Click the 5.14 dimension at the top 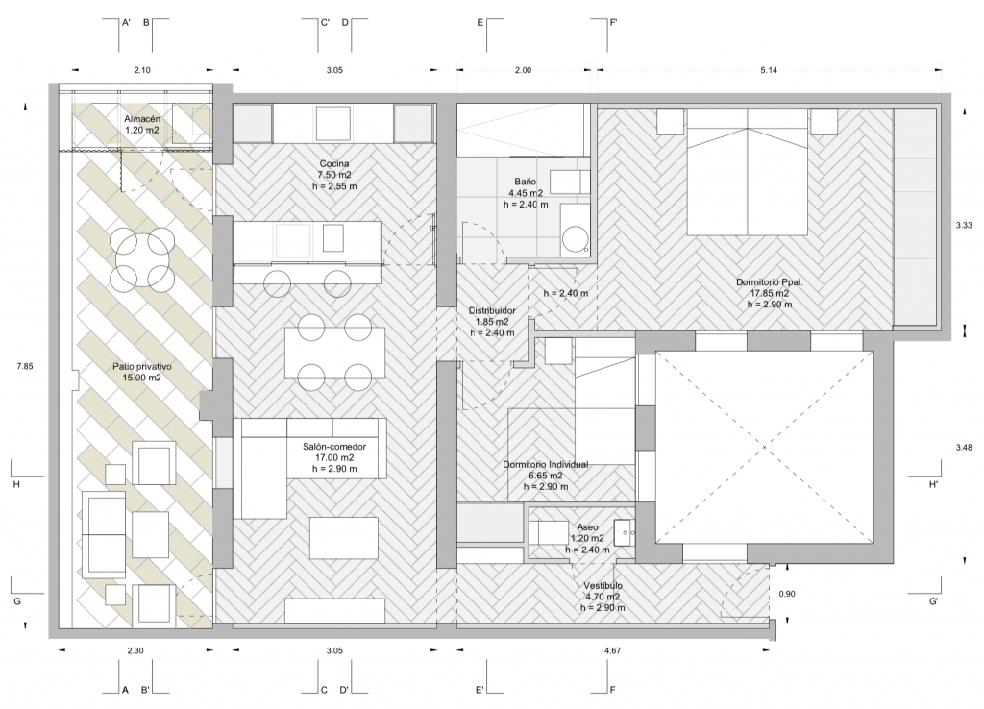pos(769,70)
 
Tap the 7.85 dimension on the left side pos(25,366)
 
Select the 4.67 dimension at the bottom pos(612,650)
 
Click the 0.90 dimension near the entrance pos(787,594)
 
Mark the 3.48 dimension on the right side pos(964,448)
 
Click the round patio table pos(144,258)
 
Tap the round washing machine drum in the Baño pos(576,239)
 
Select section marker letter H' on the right pos(934,484)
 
